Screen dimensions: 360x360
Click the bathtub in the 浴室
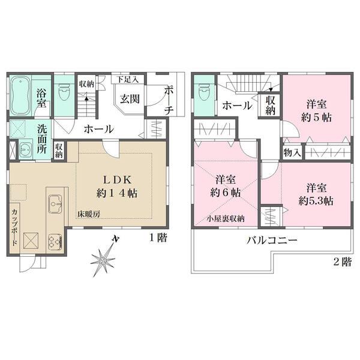pos(20,94)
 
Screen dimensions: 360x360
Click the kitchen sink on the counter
pos(53,205)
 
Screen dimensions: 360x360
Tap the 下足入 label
pos(127,79)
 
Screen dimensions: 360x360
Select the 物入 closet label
pos(292,153)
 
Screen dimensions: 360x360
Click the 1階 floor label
pos(158,238)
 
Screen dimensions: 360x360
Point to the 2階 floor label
pos(343,262)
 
